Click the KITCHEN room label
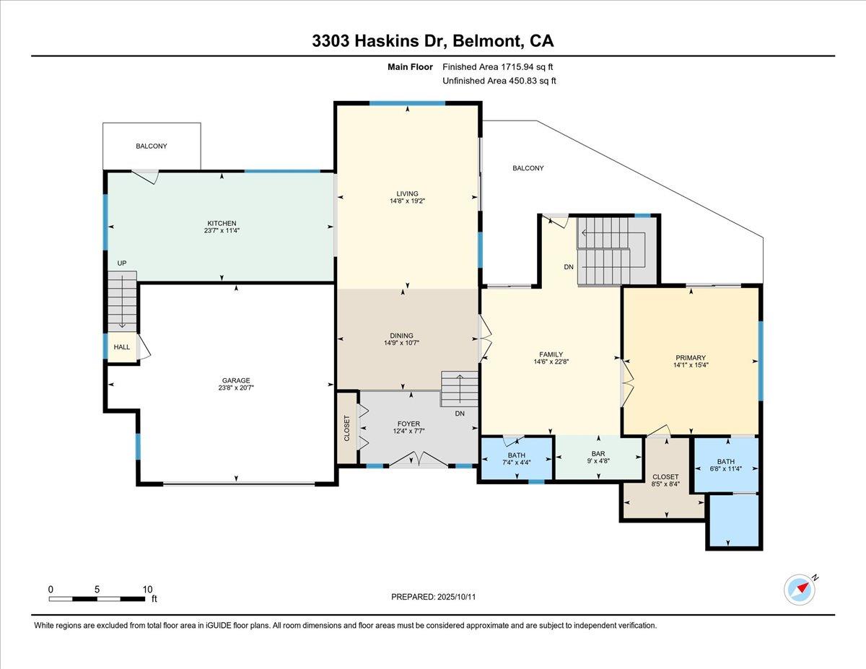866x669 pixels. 222,223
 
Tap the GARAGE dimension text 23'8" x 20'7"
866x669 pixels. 236,388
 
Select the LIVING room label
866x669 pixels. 407,193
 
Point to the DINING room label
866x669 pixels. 401,335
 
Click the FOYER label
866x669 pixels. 408,424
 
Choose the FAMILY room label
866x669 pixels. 551,354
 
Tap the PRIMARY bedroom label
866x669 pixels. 691,357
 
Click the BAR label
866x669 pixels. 598,453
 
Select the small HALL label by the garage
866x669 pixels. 122,347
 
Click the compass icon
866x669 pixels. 800,589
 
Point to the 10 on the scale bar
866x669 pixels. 147,589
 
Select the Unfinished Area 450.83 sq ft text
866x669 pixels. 499,81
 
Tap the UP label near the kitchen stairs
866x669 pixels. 122,263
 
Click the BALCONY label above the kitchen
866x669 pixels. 152,146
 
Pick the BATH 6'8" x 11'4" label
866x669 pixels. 725,466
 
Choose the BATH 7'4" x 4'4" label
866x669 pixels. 516,459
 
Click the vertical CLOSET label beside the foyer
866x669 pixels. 346,428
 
